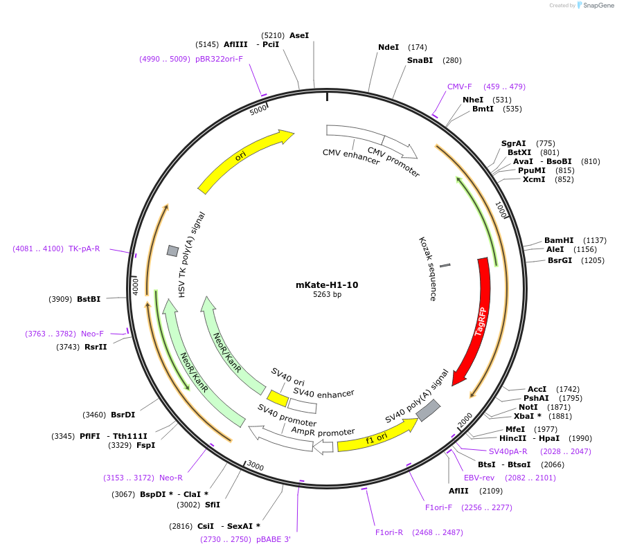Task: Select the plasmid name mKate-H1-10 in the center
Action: [327, 284]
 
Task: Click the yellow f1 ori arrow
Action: [377, 436]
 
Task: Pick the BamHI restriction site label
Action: [559, 240]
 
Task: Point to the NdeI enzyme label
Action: [388, 47]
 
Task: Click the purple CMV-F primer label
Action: [459, 87]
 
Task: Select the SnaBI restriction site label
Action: [420, 60]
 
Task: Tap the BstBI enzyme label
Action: [89, 299]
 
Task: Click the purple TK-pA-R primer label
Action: [84, 249]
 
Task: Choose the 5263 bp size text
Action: [327, 295]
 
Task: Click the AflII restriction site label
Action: [458, 491]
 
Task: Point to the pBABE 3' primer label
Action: [274, 539]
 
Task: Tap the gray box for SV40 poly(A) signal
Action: [428, 410]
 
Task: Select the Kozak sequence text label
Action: [428, 269]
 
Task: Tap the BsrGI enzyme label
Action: [560, 260]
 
